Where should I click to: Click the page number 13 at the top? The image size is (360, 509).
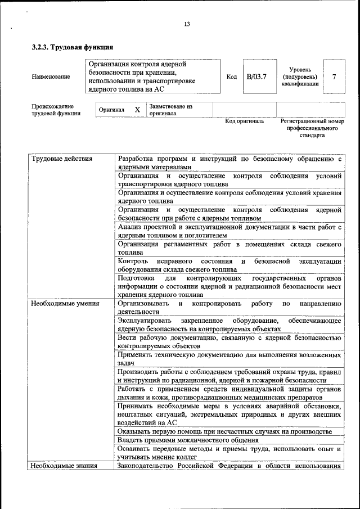pyautogui.click(x=187, y=24)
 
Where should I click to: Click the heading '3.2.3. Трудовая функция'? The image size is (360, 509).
pyautogui.click(x=73, y=48)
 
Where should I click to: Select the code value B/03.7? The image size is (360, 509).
pyautogui.click(x=256, y=76)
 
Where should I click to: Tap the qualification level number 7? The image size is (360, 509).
pyautogui.click(x=335, y=76)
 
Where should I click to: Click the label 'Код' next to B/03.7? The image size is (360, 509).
pyautogui.click(x=231, y=76)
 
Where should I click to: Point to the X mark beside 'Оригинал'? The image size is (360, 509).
pyautogui.click(x=137, y=110)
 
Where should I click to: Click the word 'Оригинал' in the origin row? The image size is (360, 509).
pyautogui.click(x=111, y=110)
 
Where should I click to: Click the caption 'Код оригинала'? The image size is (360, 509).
pyautogui.click(x=244, y=121)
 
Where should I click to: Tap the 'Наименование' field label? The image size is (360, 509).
pyautogui.click(x=51, y=77)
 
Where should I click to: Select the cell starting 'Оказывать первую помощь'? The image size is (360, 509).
pyautogui.click(x=224, y=431)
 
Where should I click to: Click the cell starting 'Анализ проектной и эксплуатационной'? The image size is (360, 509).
pyautogui.click(x=229, y=231)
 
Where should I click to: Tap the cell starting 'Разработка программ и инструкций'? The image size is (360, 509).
pyautogui.click(x=229, y=164)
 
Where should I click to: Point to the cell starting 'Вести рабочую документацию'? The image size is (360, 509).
pyautogui.click(x=229, y=342)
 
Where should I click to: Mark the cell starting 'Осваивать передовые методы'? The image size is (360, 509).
pyautogui.click(x=229, y=453)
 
